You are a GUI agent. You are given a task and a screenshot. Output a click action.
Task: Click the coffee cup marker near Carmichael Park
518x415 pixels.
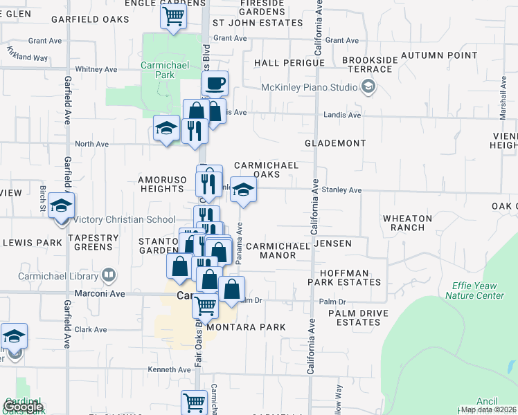tap(216, 84)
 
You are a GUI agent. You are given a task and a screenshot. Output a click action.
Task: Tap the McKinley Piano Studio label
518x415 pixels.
tap(309, 87)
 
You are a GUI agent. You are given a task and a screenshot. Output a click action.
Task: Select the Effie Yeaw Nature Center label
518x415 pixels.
tap(478, 290)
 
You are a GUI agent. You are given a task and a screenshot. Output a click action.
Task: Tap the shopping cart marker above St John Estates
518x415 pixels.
tap(174, 15)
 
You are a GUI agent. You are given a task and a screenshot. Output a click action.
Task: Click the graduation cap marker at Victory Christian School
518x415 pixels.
tap(62, 205)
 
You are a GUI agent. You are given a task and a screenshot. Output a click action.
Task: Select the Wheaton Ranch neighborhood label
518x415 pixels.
tap(407, 223)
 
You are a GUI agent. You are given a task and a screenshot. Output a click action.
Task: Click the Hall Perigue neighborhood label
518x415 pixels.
tap(289, 63)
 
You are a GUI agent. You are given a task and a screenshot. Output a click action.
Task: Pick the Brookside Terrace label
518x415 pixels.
tap(370, 65)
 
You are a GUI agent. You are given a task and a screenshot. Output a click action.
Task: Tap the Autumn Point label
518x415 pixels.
tap(439, 55)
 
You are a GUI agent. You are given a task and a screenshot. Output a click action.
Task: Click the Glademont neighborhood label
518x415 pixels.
tap(335, 143)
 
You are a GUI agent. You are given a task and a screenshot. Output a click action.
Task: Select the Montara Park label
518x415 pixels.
tap(246, 326)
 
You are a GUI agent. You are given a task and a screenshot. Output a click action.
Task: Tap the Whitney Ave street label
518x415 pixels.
tap(96, 69)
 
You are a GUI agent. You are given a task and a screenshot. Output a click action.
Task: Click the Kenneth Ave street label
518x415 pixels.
tap(170, 369)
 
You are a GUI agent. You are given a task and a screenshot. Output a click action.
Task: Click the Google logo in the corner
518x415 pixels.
tap(22, 407)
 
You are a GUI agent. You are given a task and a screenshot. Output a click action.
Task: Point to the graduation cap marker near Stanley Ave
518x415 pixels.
tap(243, 190)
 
